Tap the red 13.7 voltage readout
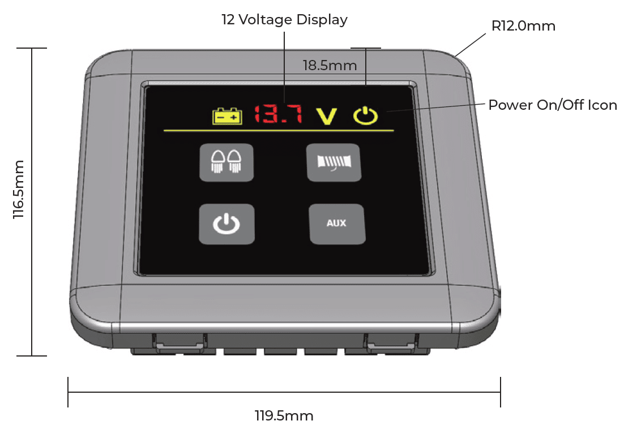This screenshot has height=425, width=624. [x=278, y=114]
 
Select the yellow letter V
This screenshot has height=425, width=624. [x=327, y=116]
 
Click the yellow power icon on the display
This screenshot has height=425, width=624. [x=365, y=115]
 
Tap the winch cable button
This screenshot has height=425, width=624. [x=334, y=162]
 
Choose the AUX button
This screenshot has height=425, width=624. [x=337, y=224]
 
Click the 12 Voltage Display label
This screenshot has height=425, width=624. [x=285, y=19]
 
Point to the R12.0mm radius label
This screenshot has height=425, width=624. [x=523, y=26]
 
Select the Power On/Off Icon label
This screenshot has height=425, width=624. [x=552, y=105]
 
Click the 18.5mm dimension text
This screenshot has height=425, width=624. [x=330, y=65]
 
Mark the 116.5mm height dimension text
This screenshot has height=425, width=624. [x=18, y=189]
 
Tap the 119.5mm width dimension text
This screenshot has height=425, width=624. [x=284, y=416]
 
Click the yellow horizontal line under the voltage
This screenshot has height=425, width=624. [x=279, y=130]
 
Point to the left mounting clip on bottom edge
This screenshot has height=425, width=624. [x=180, y=343]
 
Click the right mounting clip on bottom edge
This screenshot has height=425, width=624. [x=392, y=343]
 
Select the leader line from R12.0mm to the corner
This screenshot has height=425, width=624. [x=471, y=45]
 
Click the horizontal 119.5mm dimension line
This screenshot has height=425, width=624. [x=284, y=392]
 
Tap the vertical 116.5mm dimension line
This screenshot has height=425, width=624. [x=32, y=202]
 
